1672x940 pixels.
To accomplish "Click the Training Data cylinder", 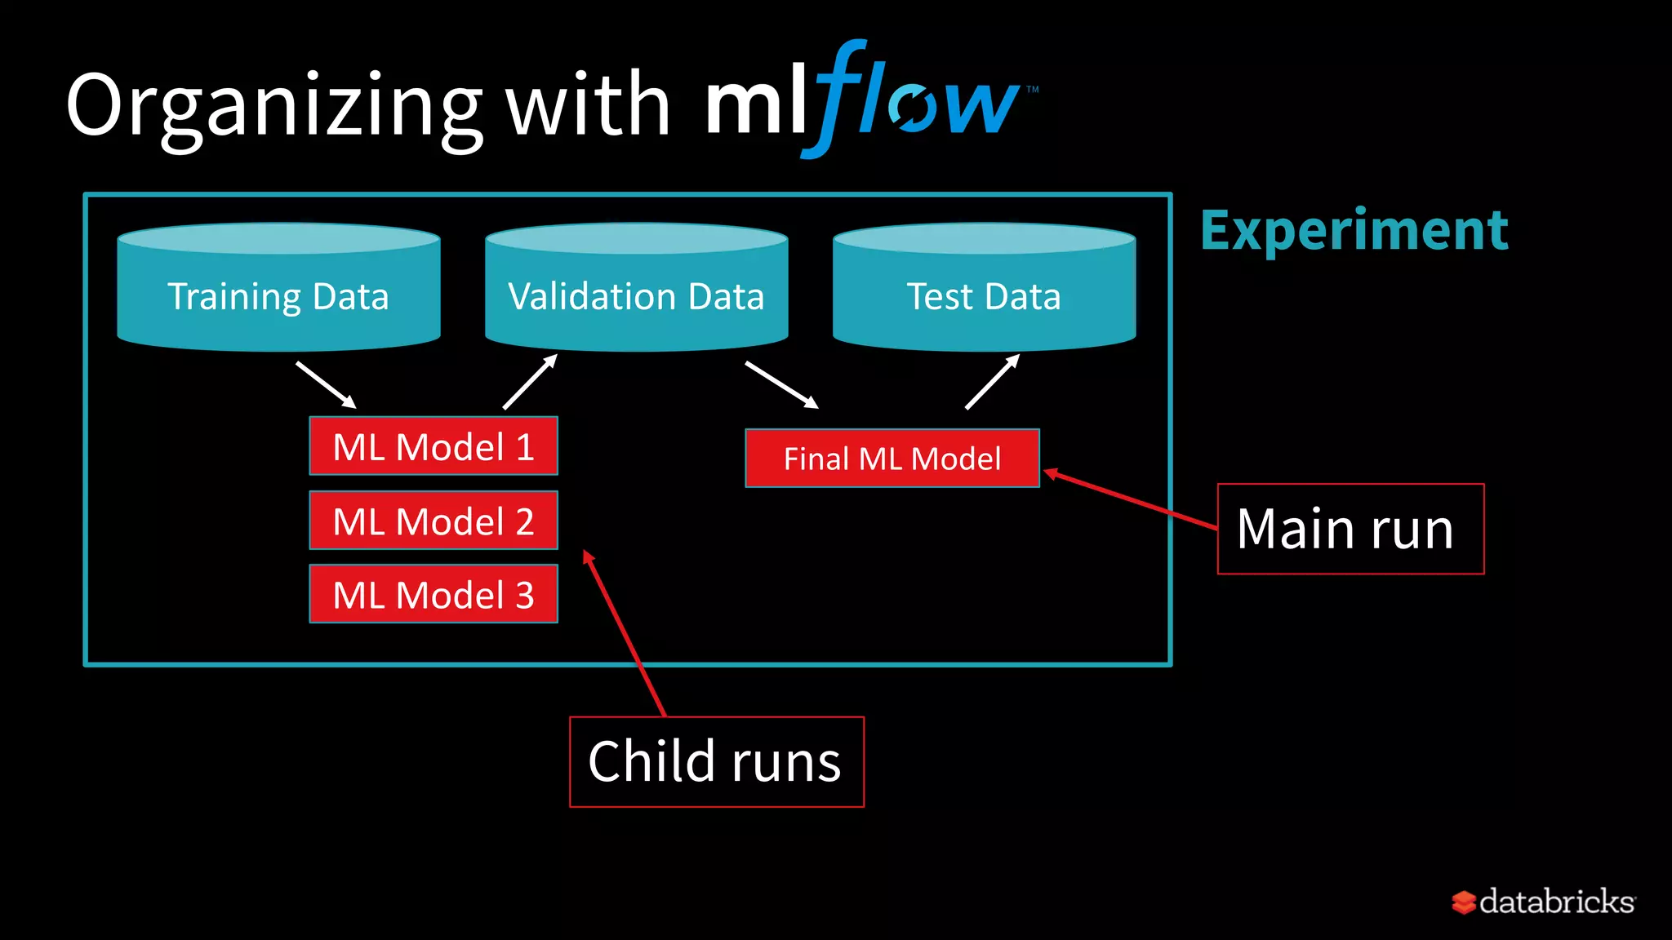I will coord(278,290).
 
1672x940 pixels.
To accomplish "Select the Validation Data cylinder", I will coord(636,290).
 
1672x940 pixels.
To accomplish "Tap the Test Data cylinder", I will coord(984,290).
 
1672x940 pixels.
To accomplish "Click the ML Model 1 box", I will coord(434,446).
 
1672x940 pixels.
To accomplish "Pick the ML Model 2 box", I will coord(434,521).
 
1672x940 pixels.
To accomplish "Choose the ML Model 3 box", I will coord(434,594).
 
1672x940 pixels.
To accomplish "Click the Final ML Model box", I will coord(892,459).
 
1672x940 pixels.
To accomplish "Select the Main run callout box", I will coord(1350,529).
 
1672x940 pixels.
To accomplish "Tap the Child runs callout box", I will coord(716,762).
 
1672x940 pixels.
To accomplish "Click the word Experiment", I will coord(1354,231).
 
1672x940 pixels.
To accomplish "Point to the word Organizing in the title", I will coord(274,106).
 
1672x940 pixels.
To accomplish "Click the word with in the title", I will coord(588,106).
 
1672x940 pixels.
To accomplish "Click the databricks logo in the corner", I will coord(1543,902).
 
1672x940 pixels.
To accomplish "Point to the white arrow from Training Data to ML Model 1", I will coord(326,385).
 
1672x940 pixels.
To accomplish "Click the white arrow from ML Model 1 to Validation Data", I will coord(530,382).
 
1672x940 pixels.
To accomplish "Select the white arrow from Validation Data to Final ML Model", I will coord(781,385).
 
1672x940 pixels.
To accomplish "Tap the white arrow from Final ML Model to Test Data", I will coord(992,382).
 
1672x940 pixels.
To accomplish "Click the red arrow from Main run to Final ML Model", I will coord(1130,499).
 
